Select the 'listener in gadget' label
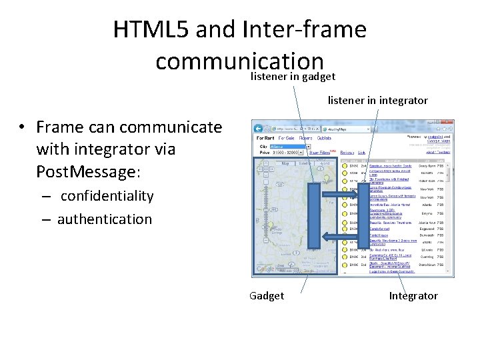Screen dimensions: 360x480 tap(293, 77)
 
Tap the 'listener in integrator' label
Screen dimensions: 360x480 tap(377, 101)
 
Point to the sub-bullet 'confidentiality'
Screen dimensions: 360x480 tap(107, 196)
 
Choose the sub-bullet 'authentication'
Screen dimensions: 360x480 tap(105, 219)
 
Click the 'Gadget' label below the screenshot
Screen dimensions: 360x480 tap(266, 295)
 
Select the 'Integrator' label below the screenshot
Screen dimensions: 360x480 tap(413, 295)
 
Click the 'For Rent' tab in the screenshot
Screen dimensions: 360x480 tap(265, 138)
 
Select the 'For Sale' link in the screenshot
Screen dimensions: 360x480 tap(287, 138)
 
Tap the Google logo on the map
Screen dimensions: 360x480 tap(265, 270)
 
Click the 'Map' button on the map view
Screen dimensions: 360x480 tap(285, 163)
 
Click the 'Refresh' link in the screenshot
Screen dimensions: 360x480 tap(347, 153)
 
